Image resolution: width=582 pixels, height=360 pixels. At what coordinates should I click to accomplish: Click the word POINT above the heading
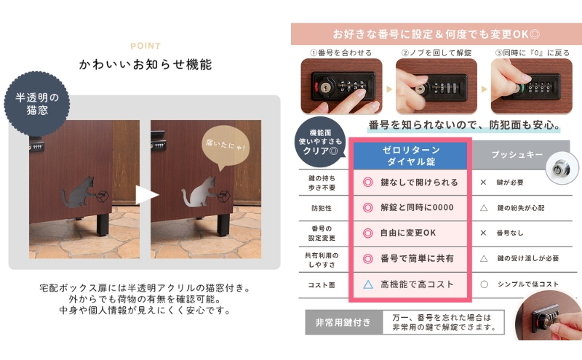[x=145, y=45]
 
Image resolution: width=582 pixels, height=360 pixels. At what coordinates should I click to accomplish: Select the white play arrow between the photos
[x=146, y=195]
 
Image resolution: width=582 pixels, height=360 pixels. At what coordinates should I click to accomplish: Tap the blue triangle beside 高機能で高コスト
[x=368, y=284]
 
